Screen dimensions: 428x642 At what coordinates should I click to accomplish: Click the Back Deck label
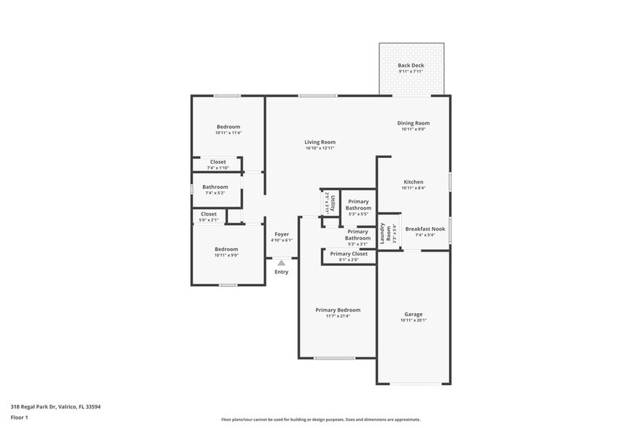click(x=411, y=66)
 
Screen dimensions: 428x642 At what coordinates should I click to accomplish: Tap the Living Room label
click(x=320, y=142)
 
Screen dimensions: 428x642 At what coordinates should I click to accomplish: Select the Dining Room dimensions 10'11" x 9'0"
click(x=413, y=130)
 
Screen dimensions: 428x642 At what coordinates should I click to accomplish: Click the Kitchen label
click(x=413, y=182)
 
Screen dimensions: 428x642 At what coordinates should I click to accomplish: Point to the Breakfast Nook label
click(x=424, y=229)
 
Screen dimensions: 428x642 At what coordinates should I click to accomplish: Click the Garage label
click(x=413, y=314)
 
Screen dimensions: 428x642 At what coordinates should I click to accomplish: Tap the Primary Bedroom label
click(x=338, y=310)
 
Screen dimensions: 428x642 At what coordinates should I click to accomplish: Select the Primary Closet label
click(x=349, y=254)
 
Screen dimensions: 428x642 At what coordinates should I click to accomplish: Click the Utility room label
click(x=331, y=202)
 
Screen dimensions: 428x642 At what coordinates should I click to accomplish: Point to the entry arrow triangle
click(x=281, y=262)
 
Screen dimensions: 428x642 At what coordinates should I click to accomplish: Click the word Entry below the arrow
click(x=281, y=272)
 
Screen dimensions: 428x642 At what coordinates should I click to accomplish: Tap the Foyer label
click(x=281, y=234)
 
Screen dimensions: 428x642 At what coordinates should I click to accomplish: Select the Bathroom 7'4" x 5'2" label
click(x=215, y=187)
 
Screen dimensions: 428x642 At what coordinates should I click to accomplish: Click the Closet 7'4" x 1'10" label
click(x=218, y=162)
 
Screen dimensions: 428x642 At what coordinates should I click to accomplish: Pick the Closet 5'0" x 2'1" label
click(x=209, y=214)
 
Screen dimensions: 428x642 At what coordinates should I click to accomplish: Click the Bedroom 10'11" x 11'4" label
click(x=228, y=127)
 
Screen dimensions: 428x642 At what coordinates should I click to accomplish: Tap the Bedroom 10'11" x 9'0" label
click(x=226, y=250)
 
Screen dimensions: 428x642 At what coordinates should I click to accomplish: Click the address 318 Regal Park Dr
click(x=55, y=407)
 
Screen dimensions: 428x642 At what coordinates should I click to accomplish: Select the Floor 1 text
click(x=19, y=417)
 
